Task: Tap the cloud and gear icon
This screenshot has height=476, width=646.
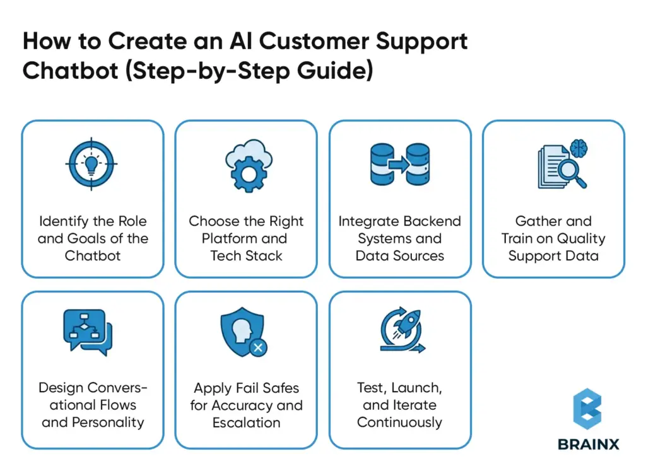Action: coord(246,165)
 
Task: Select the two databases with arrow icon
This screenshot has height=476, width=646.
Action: coord(399,165)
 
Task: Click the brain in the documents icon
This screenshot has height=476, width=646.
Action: coord(578,149)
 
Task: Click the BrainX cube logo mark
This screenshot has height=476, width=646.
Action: coord(587,409)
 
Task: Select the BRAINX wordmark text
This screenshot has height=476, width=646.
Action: coord(588,444)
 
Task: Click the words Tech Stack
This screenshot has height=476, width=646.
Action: coord(246,255)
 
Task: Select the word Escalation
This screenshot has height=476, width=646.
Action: coord(246,422)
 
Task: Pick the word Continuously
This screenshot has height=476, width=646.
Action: coord(399,422)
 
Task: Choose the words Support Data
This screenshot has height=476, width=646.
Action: coord(553,255)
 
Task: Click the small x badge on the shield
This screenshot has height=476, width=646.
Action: coord(257,347)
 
